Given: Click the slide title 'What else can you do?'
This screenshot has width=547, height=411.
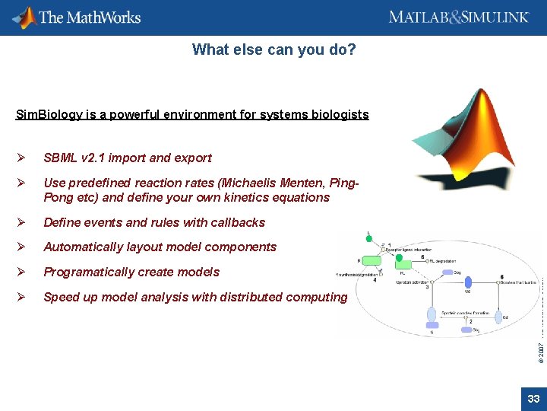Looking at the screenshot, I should (x=273, y=50).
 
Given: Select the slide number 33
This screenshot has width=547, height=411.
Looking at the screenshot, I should (x=533, y=399).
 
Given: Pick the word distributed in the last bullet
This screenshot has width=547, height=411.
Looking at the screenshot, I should (x=255, y=298).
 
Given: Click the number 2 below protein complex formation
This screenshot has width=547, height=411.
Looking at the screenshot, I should (x=470, y=321).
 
